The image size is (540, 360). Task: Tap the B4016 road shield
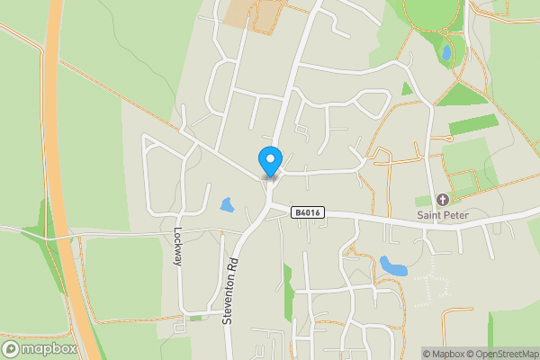[x=307, y=212]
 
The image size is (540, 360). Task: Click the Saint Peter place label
[x=442, y=215]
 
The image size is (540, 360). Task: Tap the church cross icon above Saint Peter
[x=442, y=199]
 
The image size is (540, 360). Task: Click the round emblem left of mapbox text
[x=12, y=348]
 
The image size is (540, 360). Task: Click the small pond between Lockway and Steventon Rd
[x=227, y=205]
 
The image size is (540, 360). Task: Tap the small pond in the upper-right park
[x=445, y=54]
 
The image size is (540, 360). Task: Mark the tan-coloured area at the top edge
[x=238, y=12]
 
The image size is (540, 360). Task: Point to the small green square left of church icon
[x=422, y=201]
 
